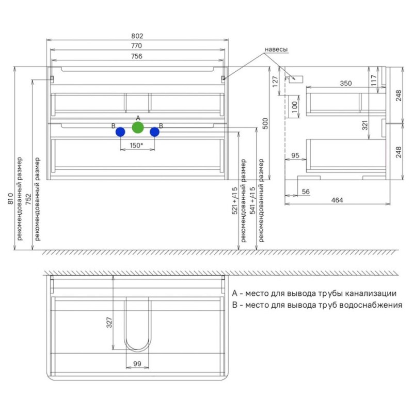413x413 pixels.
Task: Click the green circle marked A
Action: click(x=138, y=128)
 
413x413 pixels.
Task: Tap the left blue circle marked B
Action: click(x=120, y=132)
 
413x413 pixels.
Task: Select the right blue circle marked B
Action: click(x=154, y=132)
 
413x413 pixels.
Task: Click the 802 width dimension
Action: click(x=137, y=36)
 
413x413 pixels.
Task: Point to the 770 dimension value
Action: click(x=136, y=45)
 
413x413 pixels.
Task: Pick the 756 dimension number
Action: click(x=137, y=56)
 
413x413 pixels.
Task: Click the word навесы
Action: click(x=276, y=50)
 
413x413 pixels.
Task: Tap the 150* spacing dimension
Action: click(x=136, y=146)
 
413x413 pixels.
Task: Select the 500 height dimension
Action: click(x=265, y=123)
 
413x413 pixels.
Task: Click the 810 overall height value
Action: click(x=10, y=198)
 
